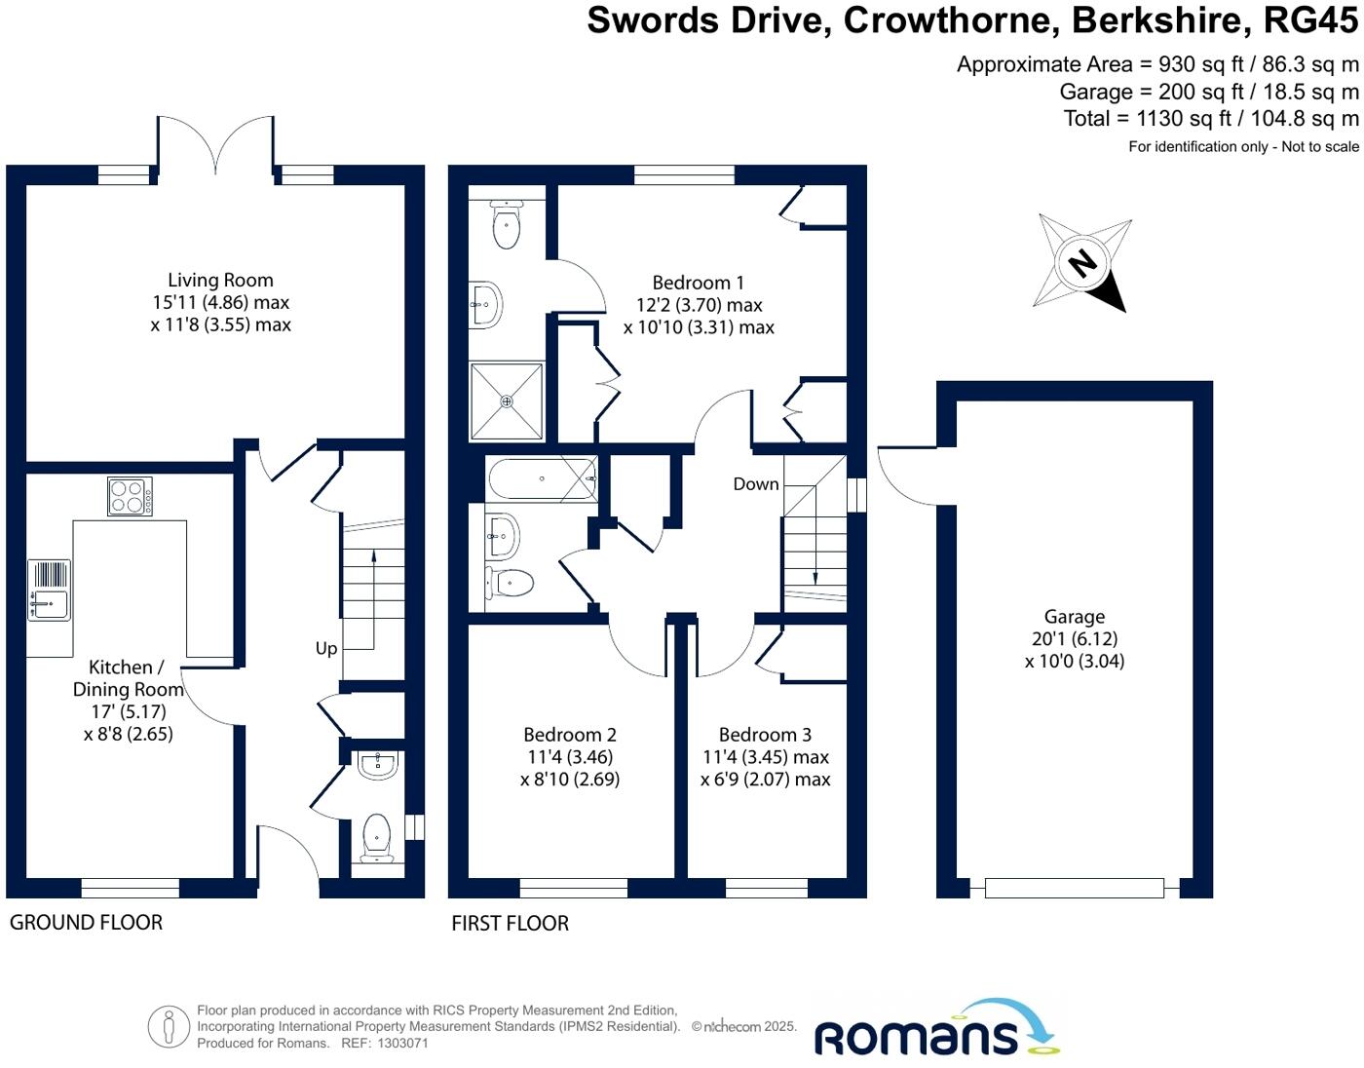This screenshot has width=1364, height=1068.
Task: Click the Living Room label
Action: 220,281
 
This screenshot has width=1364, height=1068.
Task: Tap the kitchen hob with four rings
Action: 130,496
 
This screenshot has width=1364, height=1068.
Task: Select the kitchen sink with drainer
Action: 49,591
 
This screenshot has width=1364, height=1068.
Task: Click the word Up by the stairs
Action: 326,648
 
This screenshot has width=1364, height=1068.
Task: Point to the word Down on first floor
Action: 756,484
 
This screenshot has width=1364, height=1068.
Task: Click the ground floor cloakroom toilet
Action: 376,838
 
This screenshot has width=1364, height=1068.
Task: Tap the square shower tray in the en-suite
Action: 506,400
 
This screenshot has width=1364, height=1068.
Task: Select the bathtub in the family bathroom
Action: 542,479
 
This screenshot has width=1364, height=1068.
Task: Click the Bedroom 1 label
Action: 698,283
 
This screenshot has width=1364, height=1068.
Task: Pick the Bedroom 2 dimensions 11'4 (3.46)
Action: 570,757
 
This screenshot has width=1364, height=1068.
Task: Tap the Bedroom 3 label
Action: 765,735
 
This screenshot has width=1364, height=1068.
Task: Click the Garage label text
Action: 1075,617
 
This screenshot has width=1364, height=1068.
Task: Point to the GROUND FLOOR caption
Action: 86,922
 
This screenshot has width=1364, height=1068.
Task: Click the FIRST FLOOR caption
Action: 510,923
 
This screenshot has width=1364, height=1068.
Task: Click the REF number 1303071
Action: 402,1043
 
